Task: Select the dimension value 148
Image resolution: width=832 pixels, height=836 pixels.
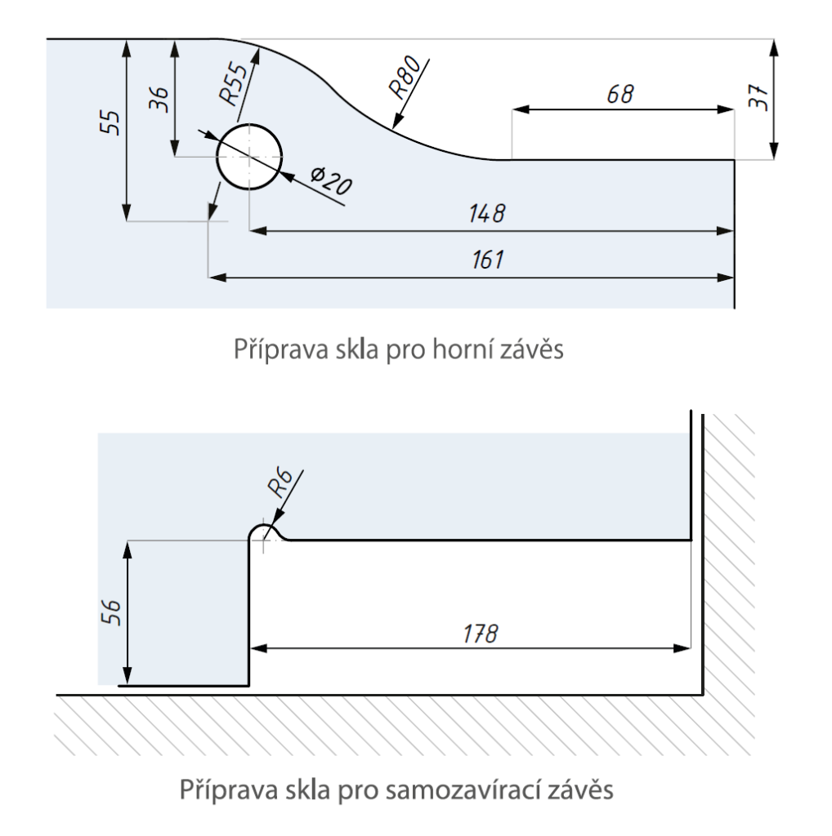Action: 488,214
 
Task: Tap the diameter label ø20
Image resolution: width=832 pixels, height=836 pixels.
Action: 331,180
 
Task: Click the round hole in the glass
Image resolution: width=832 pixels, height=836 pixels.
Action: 249,156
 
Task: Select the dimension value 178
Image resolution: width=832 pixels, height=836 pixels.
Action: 481,633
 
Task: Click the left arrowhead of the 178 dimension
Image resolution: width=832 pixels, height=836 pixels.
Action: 255,649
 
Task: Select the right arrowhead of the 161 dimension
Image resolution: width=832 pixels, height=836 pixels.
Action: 727,278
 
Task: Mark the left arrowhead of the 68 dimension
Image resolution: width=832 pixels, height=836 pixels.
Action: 518,109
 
